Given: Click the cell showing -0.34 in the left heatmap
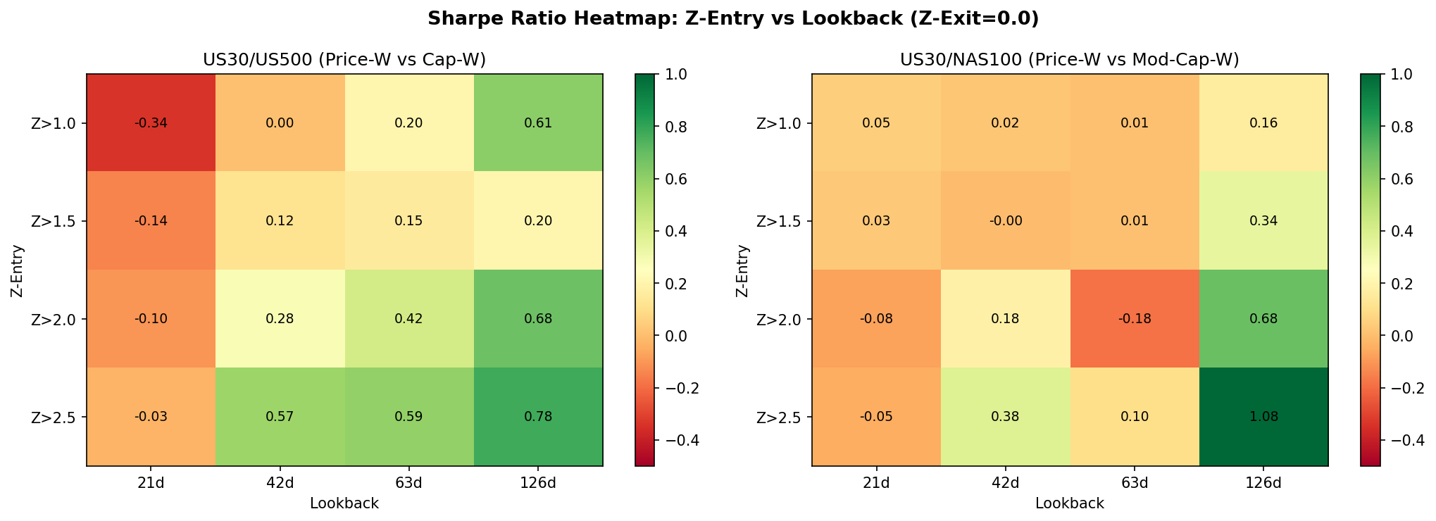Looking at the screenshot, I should click(151, 123).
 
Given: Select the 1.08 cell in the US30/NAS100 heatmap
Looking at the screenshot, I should click(1263, 417).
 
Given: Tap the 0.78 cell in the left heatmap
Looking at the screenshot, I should click(538, 417).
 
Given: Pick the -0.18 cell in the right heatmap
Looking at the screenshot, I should click(1135, 319).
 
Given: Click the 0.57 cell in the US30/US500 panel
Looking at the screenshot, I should click(280, 417).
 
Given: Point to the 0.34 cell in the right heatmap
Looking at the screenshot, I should click(1263, 221).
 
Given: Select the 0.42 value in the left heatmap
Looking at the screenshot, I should click(409, 319).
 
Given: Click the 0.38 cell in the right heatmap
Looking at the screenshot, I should click(1006, 417).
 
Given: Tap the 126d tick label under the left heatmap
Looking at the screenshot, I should click(538, 483).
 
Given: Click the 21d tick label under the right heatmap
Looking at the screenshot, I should click(876, 483).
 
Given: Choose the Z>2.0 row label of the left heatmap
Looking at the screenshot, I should click(58, 319).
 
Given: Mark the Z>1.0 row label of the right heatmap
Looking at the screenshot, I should click(784, 123).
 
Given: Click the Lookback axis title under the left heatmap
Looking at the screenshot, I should click(344, 503).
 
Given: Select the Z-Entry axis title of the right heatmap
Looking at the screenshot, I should click(742, 270).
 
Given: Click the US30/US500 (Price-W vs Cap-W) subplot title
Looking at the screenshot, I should click(344, 61).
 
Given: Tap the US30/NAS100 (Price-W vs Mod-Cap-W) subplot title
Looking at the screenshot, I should click(1069, 61).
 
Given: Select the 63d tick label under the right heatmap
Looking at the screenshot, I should click(1135, 483).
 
